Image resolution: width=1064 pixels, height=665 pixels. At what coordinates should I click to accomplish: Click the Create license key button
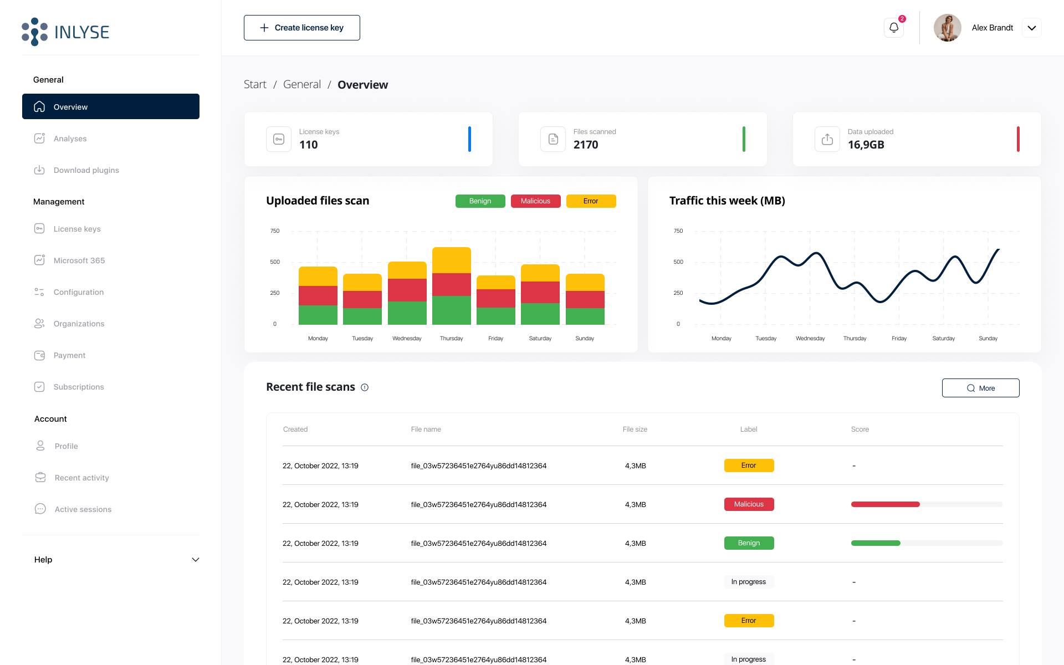301,28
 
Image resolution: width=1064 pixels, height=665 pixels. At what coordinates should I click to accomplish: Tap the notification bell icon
893,28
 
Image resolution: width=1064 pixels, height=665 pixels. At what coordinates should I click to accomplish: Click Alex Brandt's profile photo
947,28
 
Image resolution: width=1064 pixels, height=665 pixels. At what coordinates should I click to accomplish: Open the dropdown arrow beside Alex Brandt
1031,28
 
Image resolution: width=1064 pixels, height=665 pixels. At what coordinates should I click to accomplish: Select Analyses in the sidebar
70,139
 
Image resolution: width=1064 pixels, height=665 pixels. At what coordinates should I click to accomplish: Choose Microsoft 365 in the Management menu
79,260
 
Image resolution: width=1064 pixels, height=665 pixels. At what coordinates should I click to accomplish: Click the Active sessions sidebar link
83,509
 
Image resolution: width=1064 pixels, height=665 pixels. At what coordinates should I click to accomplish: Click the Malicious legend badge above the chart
535,201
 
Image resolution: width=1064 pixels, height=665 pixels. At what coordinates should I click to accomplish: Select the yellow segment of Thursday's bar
451,260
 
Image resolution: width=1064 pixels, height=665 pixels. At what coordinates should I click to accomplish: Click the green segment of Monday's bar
318,315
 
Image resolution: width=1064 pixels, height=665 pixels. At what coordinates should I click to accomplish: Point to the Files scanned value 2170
586,145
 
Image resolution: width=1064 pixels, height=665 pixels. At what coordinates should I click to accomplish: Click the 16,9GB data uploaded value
866,145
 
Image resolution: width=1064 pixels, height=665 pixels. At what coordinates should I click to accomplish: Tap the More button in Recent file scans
980,388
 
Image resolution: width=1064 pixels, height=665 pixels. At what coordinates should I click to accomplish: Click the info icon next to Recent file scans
365,387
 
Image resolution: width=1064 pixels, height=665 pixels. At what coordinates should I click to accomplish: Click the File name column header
426,429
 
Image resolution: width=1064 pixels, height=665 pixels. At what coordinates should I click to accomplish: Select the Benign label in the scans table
749,543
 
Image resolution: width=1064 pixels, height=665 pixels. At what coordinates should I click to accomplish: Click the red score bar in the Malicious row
885,504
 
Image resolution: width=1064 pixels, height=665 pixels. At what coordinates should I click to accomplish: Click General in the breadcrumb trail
301,84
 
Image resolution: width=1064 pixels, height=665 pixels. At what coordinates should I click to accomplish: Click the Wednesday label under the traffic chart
810,339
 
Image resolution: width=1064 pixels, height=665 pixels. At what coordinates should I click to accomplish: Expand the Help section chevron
195,560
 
